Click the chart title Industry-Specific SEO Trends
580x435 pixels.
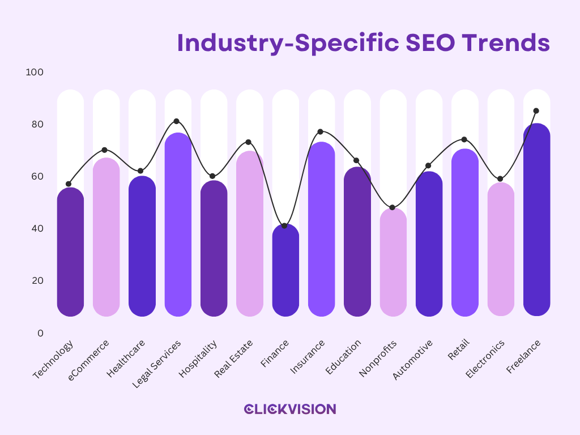pyautogui.click(x=363, y=42)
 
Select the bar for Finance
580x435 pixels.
pyautogui.click(x=285, y=272)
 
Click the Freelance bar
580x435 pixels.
pyautogui.click(x=536, y=221)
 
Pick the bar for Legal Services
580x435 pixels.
pyautogui.click(x=178, y=227)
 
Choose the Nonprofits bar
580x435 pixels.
pyautogui.click(x=393, y=263)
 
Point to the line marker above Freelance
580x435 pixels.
pyautogui.click(x=536, y=111)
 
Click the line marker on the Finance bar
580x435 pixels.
pyautogui.click(x=284, y=226)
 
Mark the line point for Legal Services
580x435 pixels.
pyautogui.click(x=176, y=121)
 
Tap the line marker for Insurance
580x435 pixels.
pyautogui.click(x=320, y=131)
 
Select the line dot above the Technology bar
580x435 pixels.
pyautogui.click(x=69, y=184)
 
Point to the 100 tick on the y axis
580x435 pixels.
pyautogui.click(x=35, y=72)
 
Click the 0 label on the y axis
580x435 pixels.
pyautogui.click(x=40, y=333)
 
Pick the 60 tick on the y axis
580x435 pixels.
pyautogui.click(x=36, y=177)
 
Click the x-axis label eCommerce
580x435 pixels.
pyautogui.click(x=88, y=360)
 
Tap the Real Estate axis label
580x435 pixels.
pyautogui.click(x=233, y=359)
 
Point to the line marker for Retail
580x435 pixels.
pyautogui.click(x=464, y=139)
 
